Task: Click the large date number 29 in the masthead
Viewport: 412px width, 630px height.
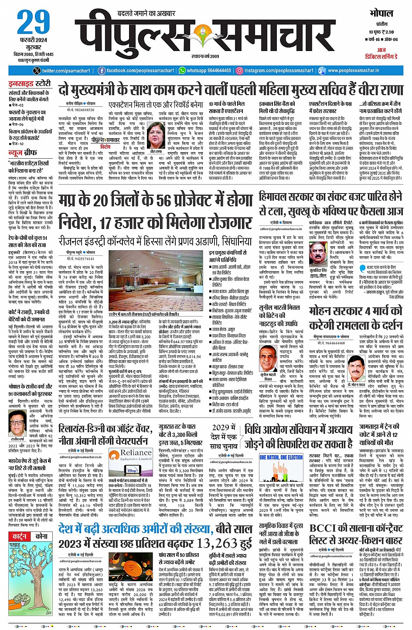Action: coord(34,23)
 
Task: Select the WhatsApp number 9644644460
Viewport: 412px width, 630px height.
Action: coord(209,71)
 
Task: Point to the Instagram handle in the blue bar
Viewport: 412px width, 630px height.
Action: coord(279,71)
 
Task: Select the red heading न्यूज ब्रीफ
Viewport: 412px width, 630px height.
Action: coord(24,153)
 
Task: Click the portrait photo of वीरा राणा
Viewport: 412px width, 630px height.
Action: coord(156,136)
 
